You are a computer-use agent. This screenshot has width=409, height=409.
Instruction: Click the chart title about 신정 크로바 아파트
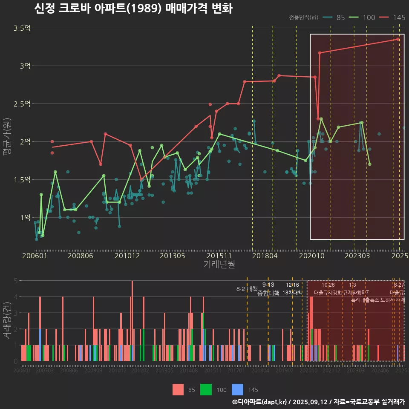pos(133,9)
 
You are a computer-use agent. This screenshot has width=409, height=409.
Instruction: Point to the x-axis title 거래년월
pos(219,265)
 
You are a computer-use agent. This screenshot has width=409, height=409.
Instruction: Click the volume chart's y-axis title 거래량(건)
pos(7,320)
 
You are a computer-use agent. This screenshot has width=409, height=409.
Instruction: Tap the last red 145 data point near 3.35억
pos(398,39)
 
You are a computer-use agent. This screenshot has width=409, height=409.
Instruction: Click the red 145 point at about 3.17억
pos(320,53)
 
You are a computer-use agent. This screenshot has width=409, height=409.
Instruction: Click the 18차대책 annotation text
pos(292,293)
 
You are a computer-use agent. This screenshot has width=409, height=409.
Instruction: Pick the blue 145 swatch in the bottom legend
pos(238,389)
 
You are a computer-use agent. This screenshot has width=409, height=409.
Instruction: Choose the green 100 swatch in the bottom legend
pos(207,389)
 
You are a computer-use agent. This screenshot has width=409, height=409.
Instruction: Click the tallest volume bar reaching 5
pos(132,320)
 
